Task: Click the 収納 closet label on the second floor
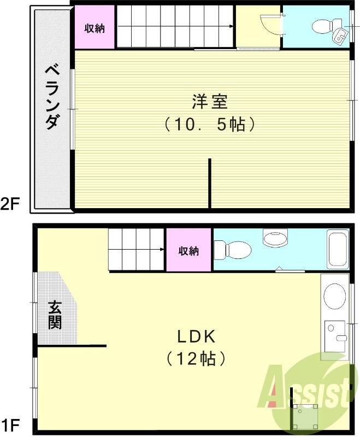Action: (x=95, y=28)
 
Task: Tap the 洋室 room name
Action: (x=210, y=102)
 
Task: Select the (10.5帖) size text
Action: (x=210, y=125)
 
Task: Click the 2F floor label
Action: (x=11, y=204)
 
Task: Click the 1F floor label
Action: (x=11, y=423)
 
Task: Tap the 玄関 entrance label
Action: (x=55, y=316)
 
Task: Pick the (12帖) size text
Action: (x=196, y=359)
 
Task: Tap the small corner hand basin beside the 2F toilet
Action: (x=339, y=37)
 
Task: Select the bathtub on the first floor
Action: (x=337, y=249)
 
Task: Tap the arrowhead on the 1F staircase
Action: (x=162, y=250)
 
